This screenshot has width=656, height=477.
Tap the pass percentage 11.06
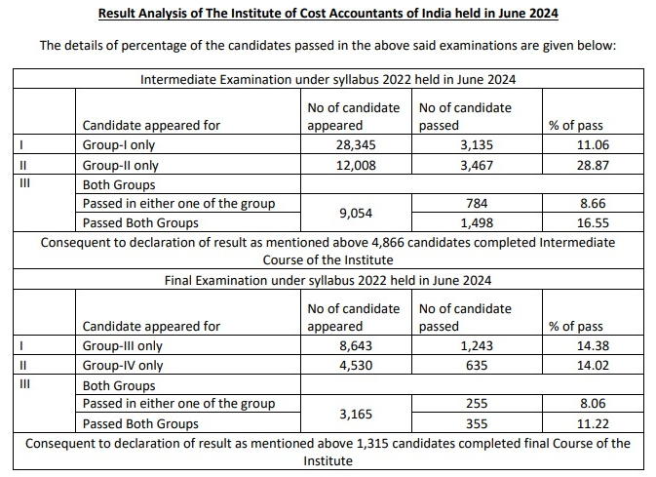[592, 145]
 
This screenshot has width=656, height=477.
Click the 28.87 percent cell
[592, 165]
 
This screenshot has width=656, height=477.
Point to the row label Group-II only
[123, 165]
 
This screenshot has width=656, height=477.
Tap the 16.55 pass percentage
[592, 222]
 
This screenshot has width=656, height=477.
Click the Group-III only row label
[124, 345]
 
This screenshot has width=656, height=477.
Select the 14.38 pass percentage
[592, 345]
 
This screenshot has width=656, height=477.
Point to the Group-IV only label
[124, 365]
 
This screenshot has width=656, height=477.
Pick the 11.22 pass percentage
[592, 423]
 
